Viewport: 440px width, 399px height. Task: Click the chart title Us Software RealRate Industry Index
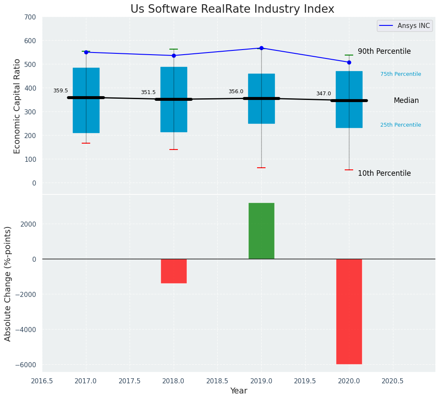[232, 9]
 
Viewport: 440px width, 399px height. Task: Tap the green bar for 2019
[261, 231]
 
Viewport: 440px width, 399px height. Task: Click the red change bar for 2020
[349, 311]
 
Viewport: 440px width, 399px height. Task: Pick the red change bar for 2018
[174, 271]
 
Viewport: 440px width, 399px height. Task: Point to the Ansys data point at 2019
[261, 48]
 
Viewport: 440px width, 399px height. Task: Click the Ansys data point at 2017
[86, 52]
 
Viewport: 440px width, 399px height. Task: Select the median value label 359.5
[61, 91]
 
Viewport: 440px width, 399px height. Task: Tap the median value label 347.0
[324, 94]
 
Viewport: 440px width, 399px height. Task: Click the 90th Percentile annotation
[384, 51]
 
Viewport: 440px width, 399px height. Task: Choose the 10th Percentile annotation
[384, 173]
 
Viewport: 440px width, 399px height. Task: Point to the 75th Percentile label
[401, 74]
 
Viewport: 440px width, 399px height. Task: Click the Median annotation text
[406, 101]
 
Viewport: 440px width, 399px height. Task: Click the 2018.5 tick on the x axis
[217, 381]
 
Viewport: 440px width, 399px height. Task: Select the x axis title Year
[239, 391]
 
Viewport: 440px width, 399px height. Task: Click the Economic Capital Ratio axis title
[17, 106]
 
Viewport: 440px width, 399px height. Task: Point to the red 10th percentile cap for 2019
[261, 168]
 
